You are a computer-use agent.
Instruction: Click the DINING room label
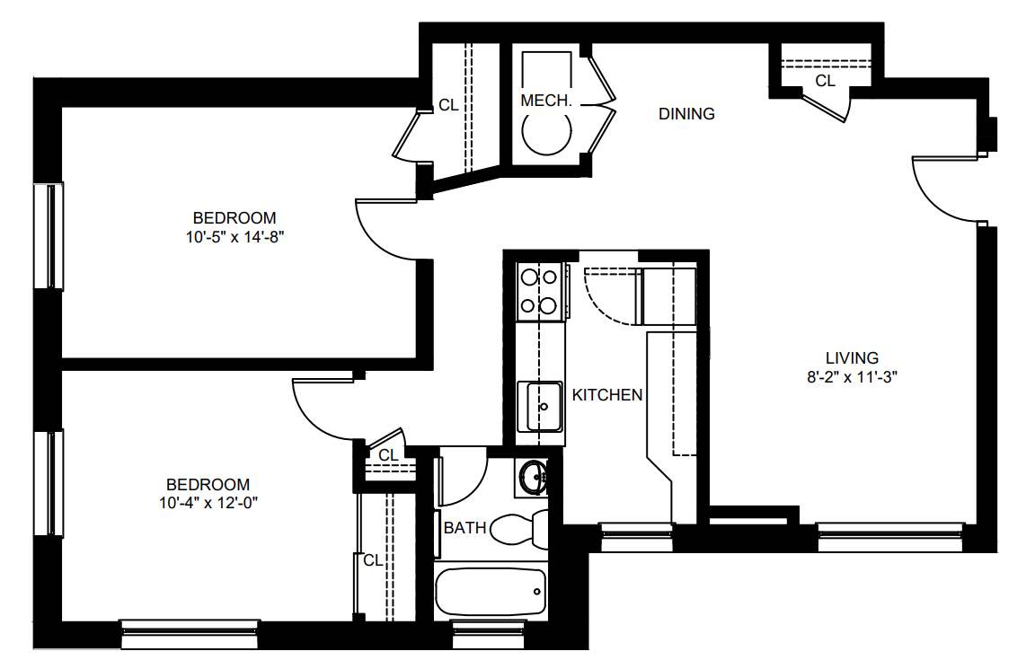[686, 114]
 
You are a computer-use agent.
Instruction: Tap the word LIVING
[852, 358]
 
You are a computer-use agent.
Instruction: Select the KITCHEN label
[607, 395]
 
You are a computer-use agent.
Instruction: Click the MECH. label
[546, 101]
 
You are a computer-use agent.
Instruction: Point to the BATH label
[465, 528]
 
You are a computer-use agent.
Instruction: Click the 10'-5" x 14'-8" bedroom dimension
[234, 237]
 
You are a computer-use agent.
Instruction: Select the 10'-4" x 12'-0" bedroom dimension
[208, 503]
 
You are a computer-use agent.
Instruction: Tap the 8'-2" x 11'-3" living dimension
[852, 377]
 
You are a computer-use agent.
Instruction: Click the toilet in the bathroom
[519, 529]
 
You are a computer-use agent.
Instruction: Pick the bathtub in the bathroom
[491, 591]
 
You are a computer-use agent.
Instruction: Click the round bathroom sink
[534, 478]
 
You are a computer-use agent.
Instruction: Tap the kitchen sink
[540, 407]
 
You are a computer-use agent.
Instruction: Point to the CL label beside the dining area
[825, 81]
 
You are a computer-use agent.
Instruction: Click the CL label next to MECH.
[448, 105]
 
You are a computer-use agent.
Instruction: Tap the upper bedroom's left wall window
[49, 236]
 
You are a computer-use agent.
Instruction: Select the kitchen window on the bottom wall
[636, 536]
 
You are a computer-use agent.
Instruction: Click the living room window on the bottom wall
[890, 536]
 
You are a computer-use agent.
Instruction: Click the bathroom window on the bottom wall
[490, 634]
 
